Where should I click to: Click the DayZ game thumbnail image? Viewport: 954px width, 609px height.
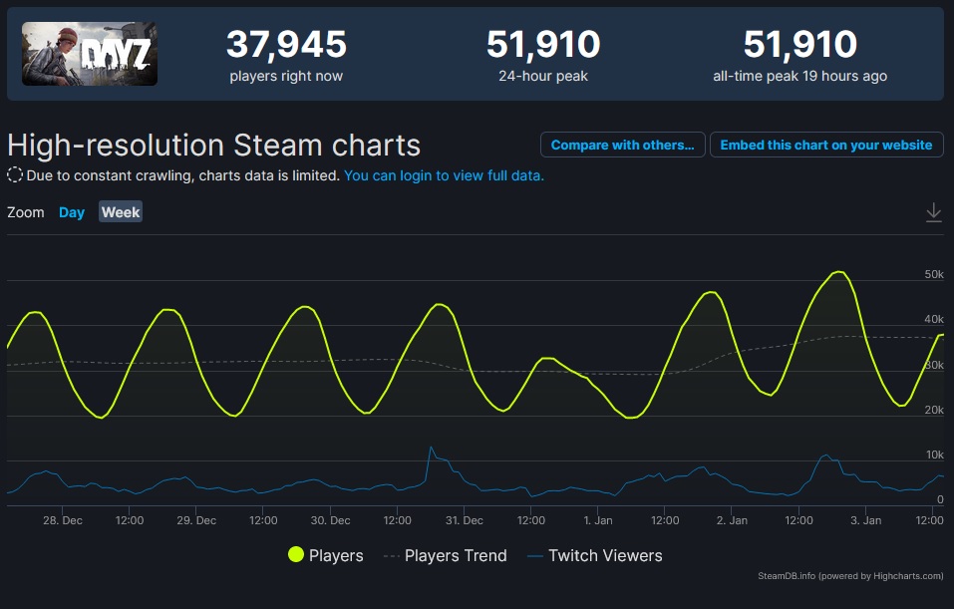(90, 54)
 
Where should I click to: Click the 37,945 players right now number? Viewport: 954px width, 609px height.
(286, 45)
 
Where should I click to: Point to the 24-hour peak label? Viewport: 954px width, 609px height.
(543, 76)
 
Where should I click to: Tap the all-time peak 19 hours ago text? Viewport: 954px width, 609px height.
(800, 76)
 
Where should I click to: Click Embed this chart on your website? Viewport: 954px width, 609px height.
(826, 145)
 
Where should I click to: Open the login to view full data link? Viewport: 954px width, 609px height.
(444, 175)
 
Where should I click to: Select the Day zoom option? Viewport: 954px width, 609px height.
(72, 212)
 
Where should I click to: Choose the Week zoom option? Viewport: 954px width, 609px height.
(121, 212)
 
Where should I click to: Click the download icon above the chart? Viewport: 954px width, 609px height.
(933, 212)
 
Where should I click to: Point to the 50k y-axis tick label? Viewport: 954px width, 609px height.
(934, 274)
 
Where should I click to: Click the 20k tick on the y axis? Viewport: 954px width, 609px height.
(934, 410)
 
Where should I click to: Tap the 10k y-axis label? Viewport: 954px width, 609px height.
(934, 455)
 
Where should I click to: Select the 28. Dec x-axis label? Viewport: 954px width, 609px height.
(63, 520)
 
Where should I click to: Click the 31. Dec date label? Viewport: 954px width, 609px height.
(465, 520)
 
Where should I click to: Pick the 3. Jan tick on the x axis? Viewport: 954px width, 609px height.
(866, 520)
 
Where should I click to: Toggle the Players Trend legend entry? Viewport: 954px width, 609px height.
(445, 555)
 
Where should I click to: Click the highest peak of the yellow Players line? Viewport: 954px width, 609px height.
(839, 272)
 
